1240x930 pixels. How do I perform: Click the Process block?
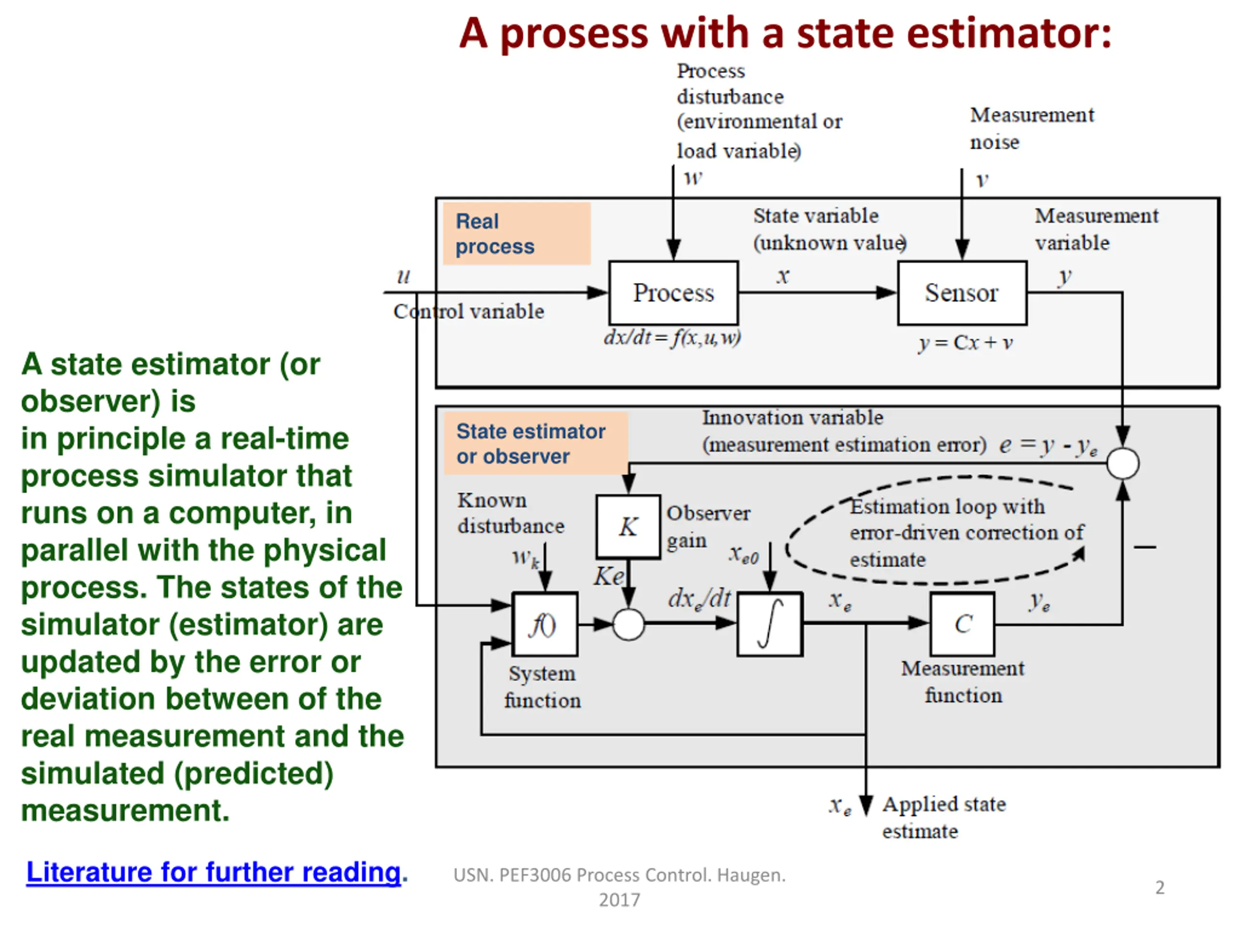coord(673,293)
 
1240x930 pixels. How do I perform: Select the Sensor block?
coord(962,293)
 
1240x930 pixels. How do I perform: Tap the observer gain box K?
coord(628,527)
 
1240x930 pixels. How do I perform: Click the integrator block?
coord(770,624)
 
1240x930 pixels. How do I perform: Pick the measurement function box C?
coord(962,624)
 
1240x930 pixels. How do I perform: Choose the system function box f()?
coord(545,624)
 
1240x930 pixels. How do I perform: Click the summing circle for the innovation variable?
coord(1123,464)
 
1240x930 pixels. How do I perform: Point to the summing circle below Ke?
coord(628,624)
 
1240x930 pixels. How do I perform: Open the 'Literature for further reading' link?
coord(214,872)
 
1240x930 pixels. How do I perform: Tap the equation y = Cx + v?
coord(965,342)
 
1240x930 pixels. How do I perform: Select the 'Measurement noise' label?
coord(1031,128)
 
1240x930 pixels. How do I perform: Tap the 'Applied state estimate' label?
coord(944,817)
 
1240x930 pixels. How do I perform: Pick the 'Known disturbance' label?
coord(511,513)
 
